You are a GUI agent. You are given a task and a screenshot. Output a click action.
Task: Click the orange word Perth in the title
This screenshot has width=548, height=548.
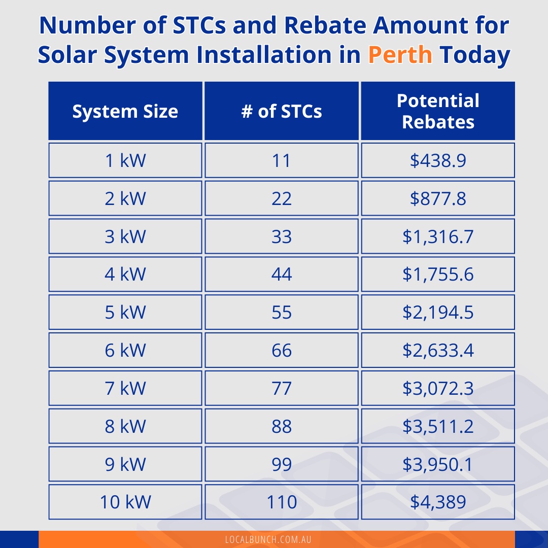(400, 55)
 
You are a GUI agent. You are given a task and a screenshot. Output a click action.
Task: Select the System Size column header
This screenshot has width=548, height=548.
(125, 111)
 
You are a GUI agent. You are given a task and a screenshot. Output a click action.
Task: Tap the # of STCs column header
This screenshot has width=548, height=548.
(282, 111)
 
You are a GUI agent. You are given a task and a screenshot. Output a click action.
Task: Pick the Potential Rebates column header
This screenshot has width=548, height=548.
(438, 111)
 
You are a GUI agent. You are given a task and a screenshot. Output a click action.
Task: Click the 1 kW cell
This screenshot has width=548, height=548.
(125, 160)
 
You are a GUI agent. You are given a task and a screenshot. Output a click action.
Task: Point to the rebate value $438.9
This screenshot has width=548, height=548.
(438, 160)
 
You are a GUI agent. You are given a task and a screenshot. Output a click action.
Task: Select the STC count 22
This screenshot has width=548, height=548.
(282, 198)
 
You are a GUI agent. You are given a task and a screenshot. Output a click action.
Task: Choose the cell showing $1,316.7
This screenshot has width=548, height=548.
(438, 236)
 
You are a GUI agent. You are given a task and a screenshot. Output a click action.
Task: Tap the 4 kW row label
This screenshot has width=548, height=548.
(125, 274)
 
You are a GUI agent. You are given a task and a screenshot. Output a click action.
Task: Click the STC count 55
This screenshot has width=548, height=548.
(282, 312)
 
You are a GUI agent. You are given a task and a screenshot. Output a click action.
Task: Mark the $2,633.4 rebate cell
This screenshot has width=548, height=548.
(438, 350)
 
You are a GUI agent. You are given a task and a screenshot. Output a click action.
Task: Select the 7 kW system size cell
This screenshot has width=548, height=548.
(125, 388)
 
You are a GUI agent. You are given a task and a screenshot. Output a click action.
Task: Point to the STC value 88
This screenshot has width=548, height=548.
(282, 426)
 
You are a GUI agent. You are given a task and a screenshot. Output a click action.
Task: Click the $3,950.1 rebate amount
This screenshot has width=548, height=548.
(438, 464)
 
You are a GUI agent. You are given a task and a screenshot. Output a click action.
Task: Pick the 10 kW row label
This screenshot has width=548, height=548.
(125, 502)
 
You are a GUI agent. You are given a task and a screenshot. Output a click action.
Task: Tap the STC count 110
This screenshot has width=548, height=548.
(282, 502)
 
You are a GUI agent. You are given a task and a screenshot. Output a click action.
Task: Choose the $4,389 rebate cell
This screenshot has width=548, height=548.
(438, 502)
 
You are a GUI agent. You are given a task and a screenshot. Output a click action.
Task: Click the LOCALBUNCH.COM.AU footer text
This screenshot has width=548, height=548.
(268, 539)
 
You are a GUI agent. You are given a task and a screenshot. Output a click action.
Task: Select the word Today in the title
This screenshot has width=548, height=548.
(475, 55)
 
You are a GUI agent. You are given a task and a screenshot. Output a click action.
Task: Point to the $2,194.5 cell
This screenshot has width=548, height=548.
(438, 312)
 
